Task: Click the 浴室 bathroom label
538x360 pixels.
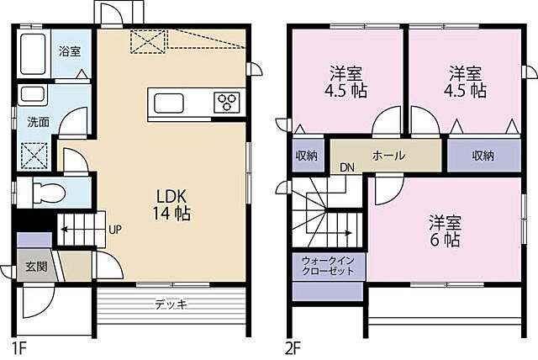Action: click(x=69, y=51)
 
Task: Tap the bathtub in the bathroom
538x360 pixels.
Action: click(x=34, y=56)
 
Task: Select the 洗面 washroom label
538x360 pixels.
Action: click(x=38, y=121)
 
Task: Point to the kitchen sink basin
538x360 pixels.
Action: click(x=168, y=103)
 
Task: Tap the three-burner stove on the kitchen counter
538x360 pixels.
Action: click(x=228, y=103)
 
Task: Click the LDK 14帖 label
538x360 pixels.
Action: click(x=172, y=204)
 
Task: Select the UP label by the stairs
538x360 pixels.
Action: click(x=116, y=229)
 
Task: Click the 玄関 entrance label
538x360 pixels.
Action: click(x=35, y=267)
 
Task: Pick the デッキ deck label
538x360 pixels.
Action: click(x=171, y=304)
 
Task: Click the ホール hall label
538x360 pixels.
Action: click(x=388, y=156)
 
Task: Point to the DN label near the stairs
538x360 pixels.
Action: click(x=347, y=167)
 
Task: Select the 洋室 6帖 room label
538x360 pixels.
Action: click(x=445, y=231)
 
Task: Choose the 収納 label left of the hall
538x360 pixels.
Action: click(x=306, y=156)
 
